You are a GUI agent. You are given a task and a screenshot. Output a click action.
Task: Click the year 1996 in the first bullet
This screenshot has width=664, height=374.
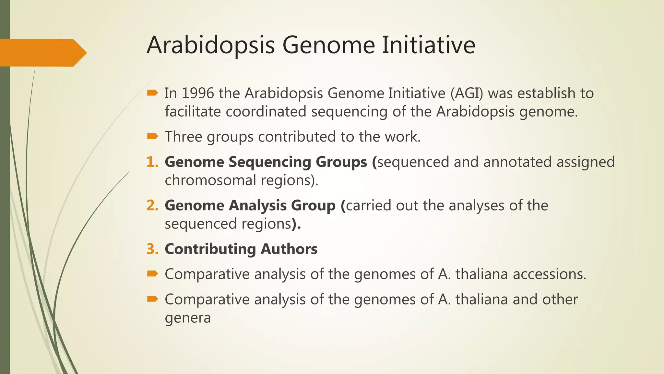click(198, 93)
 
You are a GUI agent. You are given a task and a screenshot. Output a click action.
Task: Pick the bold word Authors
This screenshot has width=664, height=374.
click(289, 249)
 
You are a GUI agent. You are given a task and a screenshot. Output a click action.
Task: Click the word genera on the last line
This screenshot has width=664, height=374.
click(188, 318)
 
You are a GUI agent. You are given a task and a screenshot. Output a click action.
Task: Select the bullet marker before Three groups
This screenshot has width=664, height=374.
click(152, 136)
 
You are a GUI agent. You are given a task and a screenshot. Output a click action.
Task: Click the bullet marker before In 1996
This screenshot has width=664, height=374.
click(152, 93)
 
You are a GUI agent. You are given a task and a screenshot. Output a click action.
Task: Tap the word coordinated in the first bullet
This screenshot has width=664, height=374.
click(266, 112)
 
